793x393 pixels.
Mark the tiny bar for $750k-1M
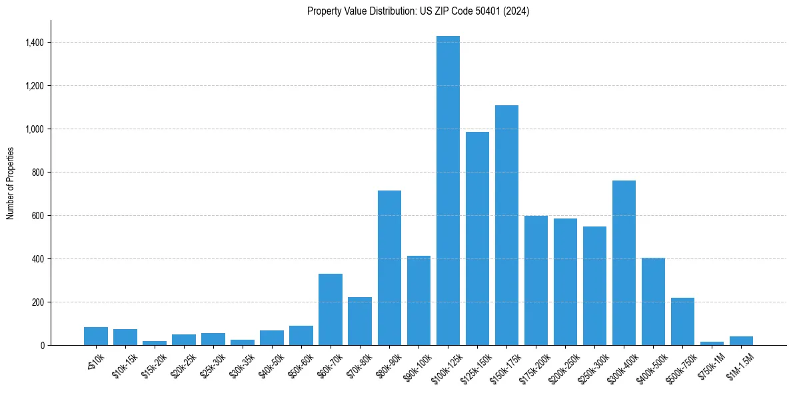(712, 343)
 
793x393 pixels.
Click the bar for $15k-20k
(155, 342)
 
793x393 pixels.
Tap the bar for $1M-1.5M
(741, 340)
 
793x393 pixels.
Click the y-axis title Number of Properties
(11, 183)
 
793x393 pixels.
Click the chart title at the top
(418, 11)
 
